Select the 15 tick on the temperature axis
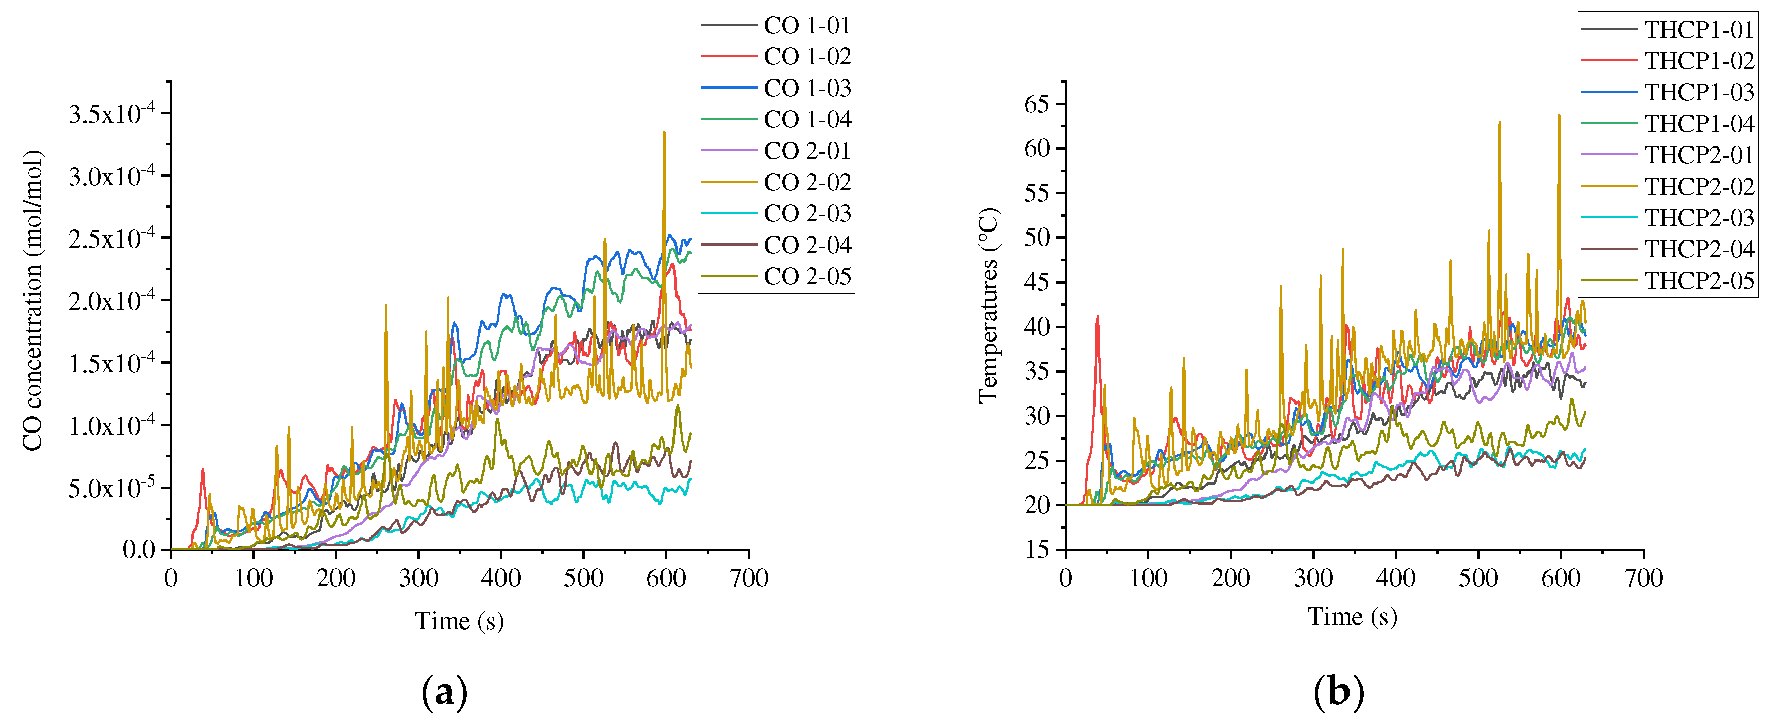coord(1037,549)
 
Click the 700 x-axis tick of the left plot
coord(748,578)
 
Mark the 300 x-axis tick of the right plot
coord(1313,578)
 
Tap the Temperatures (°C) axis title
coord(989,305)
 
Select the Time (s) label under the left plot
coord(459,621)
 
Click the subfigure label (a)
coord(444,692)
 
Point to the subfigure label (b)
coord(1338,692)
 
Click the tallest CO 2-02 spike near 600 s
coord(664,133)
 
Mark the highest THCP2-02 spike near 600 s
coord(1559,116)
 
